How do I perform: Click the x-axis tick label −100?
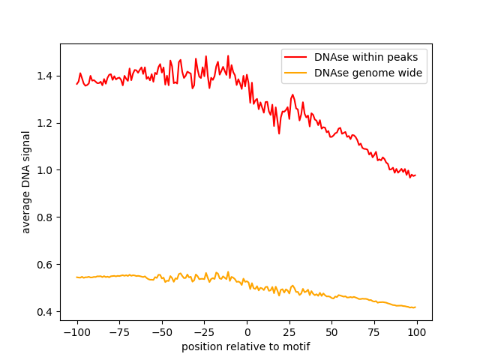(76, 332)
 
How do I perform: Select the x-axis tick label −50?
(162, 332)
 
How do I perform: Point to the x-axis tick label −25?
(204, 332)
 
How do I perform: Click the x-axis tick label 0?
(247, 332)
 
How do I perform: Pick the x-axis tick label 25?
(289, 332)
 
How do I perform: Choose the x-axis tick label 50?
(332, 332)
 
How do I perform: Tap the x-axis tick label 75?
(374, 332)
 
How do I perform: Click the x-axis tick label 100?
(417, 332)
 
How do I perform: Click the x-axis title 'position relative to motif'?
(246, 346)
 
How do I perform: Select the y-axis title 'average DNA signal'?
(26, 182)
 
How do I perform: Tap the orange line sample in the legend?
(296, 73)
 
